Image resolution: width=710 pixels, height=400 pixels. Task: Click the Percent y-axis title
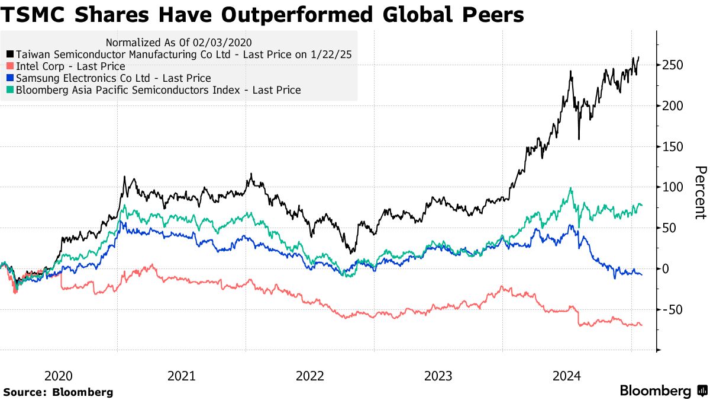[x=699, y=193]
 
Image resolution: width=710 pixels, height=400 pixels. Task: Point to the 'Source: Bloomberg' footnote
[x=58, y=392]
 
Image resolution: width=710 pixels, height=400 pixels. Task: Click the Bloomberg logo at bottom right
[x=663, y=391]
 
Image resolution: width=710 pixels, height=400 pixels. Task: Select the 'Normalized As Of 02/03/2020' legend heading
[x=179, y=43]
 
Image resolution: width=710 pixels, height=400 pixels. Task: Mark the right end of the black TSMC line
[x=638, y=57]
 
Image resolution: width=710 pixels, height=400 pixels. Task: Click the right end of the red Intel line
[x=641, y=325]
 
